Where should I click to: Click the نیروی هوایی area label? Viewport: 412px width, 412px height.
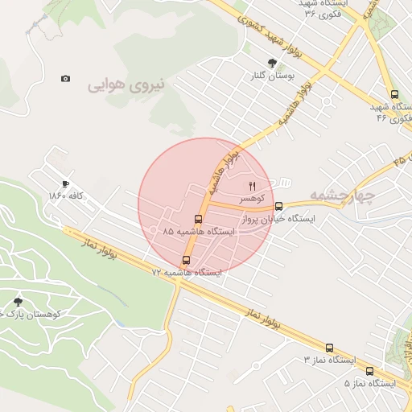pos(126,84)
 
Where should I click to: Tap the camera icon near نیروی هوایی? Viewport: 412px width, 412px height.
pos(65,78)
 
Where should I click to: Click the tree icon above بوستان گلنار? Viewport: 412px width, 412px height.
pos(272,63)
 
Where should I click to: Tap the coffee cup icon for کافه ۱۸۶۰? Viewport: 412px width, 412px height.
pos(65,183)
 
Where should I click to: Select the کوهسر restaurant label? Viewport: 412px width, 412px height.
pos(253,197)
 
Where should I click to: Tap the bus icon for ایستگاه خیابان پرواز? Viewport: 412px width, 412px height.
pos(279,206)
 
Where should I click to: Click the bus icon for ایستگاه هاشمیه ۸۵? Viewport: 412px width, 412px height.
pos(198,219)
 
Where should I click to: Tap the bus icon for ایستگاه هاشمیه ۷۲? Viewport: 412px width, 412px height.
pos(187,260)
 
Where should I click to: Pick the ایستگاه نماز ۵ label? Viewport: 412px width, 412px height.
pos(369,383)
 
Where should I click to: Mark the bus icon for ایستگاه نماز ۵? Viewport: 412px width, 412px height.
pos(369,371)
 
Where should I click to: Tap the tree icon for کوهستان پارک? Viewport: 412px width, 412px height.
pos(19,301)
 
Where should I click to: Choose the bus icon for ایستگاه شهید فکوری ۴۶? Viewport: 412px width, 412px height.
pos(393,94)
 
